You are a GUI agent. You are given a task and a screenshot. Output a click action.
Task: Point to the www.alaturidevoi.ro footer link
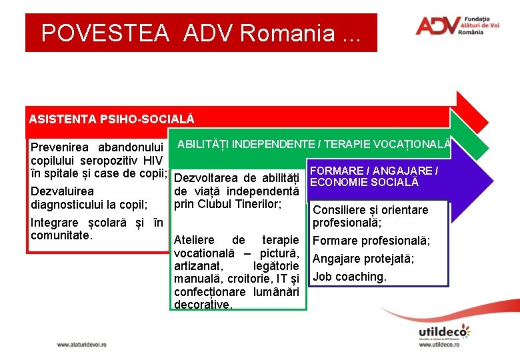(81, 345)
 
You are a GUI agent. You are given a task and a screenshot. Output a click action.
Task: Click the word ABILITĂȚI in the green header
(204, 144)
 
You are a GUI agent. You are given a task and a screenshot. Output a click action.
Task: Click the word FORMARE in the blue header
(337, 171)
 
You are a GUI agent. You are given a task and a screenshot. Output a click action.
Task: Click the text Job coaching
(349, 277)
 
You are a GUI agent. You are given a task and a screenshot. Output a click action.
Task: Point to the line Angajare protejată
(363, 259)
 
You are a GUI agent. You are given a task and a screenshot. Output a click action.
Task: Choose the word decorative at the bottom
(202, 305)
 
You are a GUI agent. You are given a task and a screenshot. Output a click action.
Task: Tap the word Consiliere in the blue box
(340, 210)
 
